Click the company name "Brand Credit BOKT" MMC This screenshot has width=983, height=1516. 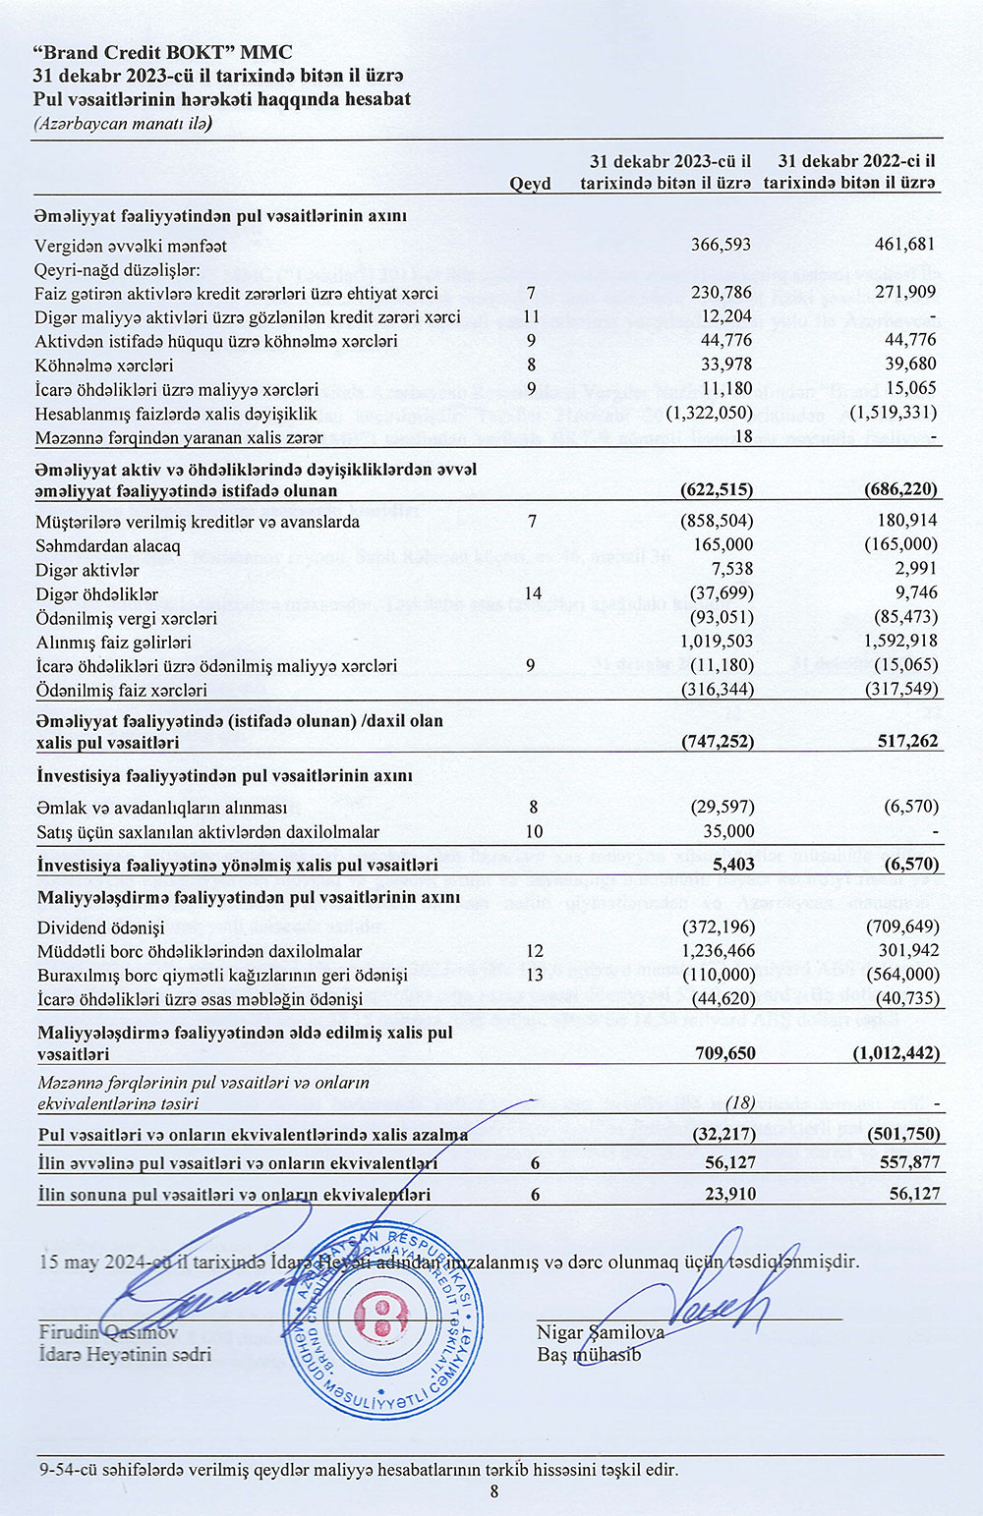pyautogui.click(x=162, y=53)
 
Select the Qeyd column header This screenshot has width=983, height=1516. pyautogui.click(x=530, y=184)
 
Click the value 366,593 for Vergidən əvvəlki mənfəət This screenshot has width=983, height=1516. pyautogui.click(x=722, y=245)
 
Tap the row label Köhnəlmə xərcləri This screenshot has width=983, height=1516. pyautogui.click(x=104, y=365)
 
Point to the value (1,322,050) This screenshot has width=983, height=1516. pyautogui.click(x=709, y=413)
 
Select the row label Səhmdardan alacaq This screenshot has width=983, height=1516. pyautogui.click(x=108, y=545)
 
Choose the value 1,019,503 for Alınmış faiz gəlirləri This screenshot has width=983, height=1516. pyautogui.click(x=717, y=642)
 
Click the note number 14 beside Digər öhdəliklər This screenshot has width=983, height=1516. pyautogui.click(x=532, y=593)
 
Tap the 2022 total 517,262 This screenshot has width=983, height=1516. pyautogui.click(x=905, y=741)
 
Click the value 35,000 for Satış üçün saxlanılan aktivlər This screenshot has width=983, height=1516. pyautogui.click(x=727, y=831)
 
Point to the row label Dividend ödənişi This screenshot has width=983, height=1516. pyautogui.click(x=100, y=927)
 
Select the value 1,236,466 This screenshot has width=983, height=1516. pyautogui.click(x=717, y=951)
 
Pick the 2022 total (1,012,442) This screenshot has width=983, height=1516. pyautogui.click(x=894, y=1053)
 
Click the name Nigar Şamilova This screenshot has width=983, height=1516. pyautogui.click(x=601, y=1333)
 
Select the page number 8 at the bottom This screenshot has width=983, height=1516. pyautogui.click(x=494, y=1492)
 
